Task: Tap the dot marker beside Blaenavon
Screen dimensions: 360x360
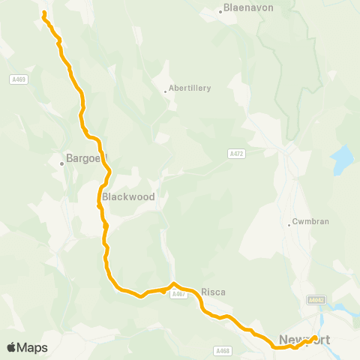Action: tap(220, 11)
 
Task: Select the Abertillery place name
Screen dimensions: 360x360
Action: tap(190, 88)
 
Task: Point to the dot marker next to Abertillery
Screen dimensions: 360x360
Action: tap(165, 92)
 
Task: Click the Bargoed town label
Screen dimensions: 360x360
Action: tap(87, 159)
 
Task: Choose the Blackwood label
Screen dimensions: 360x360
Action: tap(128, 196)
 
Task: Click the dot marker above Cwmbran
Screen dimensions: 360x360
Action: tap(289, 223)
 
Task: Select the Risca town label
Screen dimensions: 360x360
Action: tap(213, 292)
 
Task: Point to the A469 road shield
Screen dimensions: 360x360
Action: tap(19, 79)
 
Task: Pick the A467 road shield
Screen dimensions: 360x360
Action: tap(178, 295)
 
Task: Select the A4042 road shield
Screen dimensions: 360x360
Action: tap(316, 300)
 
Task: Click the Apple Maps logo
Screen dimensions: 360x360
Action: tap(27, 347)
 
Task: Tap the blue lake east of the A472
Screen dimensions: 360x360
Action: tap(341, 158)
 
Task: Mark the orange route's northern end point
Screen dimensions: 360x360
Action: tap(44, 13)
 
